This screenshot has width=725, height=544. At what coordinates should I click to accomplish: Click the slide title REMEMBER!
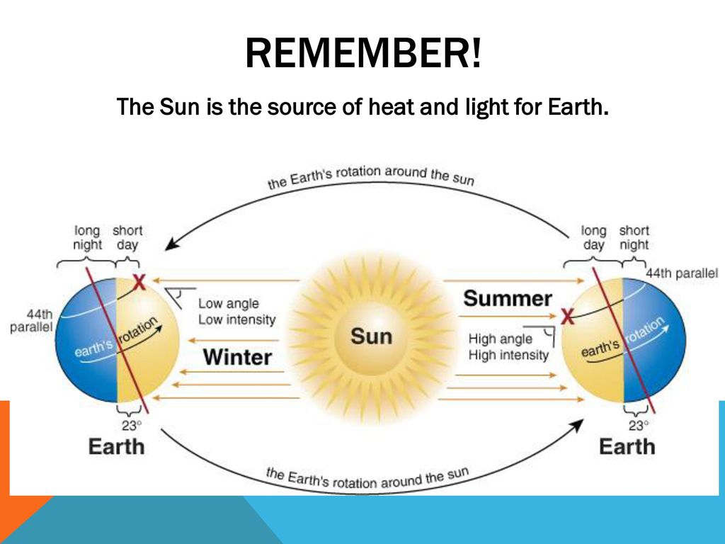363,52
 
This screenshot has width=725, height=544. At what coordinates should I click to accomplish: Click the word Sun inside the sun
371,336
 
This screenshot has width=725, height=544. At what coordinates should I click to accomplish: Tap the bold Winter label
237,358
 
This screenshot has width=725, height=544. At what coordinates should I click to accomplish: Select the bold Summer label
507,298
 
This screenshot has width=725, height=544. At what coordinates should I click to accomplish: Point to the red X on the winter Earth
139,282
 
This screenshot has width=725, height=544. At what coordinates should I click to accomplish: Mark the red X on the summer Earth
567,317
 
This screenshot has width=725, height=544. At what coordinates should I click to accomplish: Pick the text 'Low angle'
229,303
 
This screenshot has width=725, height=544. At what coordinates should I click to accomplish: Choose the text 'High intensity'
508,356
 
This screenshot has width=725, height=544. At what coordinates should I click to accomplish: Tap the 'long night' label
87,237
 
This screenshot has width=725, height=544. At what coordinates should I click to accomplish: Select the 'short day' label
127,237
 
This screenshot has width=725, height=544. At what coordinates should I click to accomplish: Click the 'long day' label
594,237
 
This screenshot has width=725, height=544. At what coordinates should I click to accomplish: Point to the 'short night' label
634,237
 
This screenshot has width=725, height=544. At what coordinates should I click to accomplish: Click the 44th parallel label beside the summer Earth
682,273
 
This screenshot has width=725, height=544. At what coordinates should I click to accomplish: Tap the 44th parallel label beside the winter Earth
31,321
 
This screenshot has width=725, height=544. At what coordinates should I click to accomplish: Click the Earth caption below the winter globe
117,447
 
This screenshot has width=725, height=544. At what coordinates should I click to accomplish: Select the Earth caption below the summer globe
627,447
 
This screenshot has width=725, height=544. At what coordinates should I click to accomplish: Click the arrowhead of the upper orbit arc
171,244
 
